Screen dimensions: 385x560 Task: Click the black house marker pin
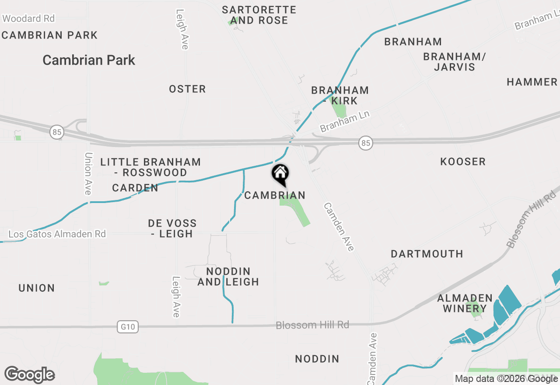pos(280,174)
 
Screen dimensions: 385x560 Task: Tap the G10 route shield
pos(128,326)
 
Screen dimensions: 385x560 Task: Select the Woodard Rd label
pos(28,18)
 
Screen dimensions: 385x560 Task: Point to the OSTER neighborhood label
pos(187,89)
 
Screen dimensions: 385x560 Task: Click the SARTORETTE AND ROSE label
pos(259,15)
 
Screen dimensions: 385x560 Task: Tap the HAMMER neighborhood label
pos(532,82)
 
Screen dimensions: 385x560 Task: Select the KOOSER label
pos(463,161)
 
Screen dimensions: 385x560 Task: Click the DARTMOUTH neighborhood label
pos(427,254)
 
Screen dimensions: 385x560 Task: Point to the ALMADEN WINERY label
pos(465,303)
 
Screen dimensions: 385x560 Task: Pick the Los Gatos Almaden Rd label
pos(57,234)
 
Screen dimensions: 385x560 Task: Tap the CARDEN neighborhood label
pos(135,188)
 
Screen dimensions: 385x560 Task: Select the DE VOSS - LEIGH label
pos(172,228)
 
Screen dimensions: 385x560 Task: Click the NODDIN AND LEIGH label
pos(228,276)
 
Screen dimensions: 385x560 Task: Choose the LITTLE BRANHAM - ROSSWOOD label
pos(150,167)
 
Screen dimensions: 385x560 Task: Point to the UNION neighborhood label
pos(37,288)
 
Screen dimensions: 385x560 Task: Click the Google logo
pos(29,375)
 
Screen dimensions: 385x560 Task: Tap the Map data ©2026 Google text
pos(506,378)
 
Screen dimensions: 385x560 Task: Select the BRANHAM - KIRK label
pos(340,95)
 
